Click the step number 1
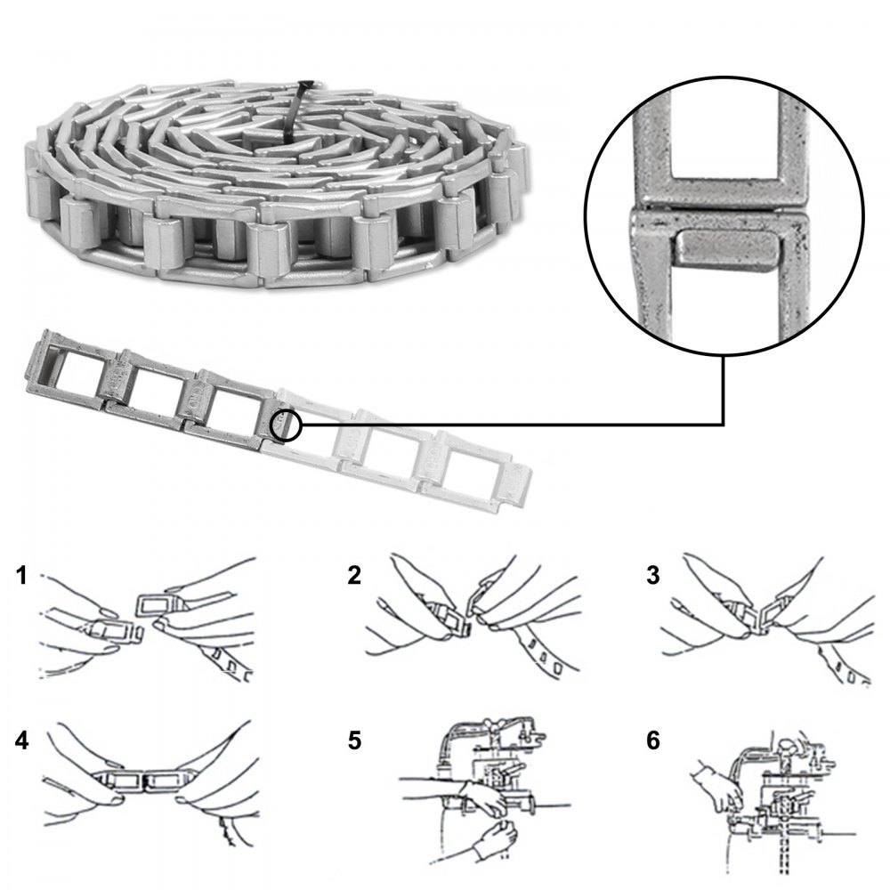pos(22,577)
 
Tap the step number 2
pos(354,577)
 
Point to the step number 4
pos(22,740)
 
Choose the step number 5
pos(354,740)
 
